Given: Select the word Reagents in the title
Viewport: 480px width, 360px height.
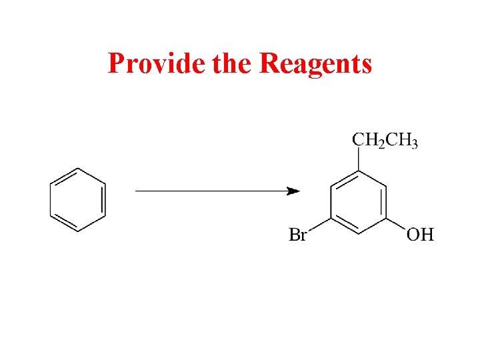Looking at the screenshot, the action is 315,65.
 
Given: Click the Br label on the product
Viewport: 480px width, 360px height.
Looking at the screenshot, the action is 297,234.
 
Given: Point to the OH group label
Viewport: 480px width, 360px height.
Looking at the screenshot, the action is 421,234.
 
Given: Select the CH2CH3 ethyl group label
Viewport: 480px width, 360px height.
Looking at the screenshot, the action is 385,141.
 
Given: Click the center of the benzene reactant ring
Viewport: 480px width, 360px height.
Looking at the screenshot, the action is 78,199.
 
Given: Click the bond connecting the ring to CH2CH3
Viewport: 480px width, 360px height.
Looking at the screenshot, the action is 359,160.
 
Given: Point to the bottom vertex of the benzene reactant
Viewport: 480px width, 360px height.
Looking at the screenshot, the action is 78,231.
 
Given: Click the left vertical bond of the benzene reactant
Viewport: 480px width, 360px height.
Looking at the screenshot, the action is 51,199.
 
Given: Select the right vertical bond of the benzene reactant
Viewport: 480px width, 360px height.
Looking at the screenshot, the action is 105,199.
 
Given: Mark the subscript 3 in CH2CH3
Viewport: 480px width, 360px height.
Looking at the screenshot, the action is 414,145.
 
